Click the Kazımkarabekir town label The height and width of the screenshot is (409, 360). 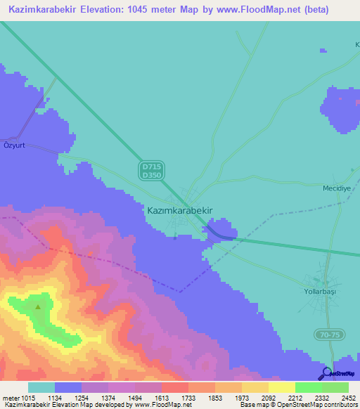point(179,209)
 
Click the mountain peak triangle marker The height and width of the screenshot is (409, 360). point(38,306)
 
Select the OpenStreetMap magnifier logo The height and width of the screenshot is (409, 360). point(325,373)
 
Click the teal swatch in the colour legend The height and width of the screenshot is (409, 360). point(41,387)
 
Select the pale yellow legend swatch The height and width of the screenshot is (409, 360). point(281,387)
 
